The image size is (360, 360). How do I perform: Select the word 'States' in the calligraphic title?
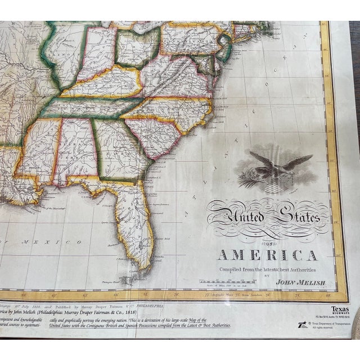point(296,217)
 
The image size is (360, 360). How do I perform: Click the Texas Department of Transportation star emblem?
point(304,325)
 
